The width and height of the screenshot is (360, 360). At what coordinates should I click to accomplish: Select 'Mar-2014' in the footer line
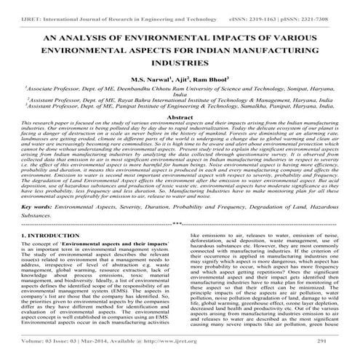point(100,341)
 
